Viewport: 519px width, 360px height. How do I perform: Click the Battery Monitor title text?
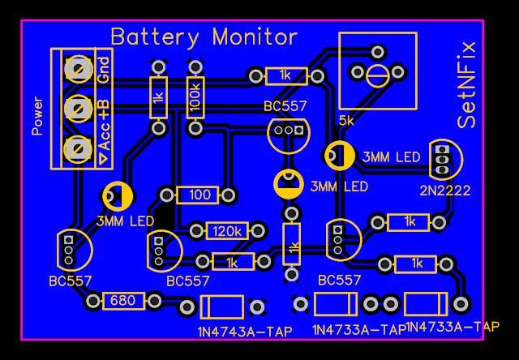click(x=204, y=37)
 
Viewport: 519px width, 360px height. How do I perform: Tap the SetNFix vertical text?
click(x=468, y=84)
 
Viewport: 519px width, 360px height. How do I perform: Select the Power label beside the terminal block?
click(x=37, y=116)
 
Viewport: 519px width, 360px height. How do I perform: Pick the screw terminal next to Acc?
click(x=79, y=149)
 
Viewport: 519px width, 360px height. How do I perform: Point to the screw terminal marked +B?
click(x=79, y=108)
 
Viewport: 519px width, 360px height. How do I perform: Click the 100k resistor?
click(x=195, y=97)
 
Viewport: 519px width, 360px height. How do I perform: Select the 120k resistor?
click(x=227, y=231)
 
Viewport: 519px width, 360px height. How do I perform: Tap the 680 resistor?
click(x=123, y=301)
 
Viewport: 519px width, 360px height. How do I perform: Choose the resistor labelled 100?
click(x=198, y=195)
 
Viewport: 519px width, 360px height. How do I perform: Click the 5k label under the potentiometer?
click(x=346, y=121)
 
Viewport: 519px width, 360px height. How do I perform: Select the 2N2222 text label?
click(x=445, y=191)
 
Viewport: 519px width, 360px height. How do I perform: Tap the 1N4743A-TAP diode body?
click(x=221, y=307)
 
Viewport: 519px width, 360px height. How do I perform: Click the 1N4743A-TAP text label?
click(x=245, y=332)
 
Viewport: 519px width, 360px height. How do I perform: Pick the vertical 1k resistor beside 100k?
click(x=159, y=97)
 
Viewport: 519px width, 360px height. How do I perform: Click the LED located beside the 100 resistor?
click(x=118, y=195)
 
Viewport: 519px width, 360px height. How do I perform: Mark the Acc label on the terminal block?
click(x=104, y=139)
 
